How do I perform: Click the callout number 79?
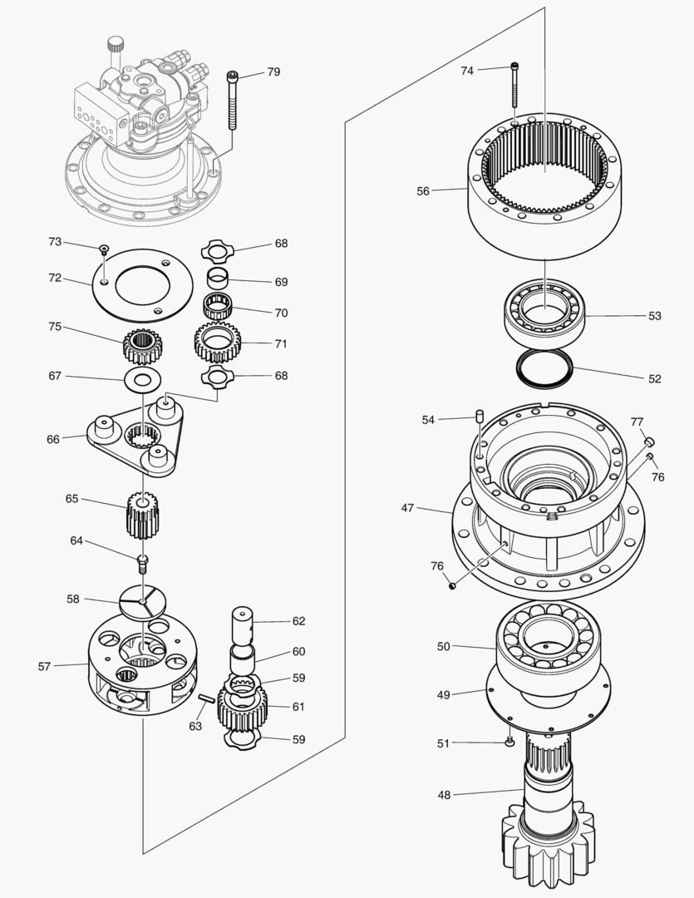273,72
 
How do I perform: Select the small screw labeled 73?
104,249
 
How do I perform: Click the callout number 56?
423,191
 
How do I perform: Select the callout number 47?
407,507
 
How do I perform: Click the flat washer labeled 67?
141,381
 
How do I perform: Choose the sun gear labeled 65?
142,515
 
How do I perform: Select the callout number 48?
444,795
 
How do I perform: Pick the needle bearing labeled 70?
218,306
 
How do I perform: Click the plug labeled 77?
652,441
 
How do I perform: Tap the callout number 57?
46,666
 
